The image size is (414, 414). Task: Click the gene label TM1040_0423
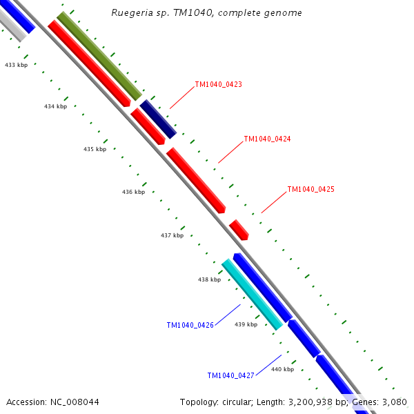pos(218,84)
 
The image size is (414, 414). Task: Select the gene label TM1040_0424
pos(267,139)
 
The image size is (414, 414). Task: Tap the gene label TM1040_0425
pos(310,189)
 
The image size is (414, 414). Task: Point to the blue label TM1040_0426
pos(190,325)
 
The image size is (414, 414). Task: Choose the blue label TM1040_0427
pos(230,375)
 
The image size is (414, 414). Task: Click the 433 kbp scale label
pos(16,65)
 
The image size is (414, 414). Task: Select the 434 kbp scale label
pos(55,106)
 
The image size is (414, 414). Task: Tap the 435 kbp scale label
pos(95,149)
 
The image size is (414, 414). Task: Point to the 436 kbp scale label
pos(133,192)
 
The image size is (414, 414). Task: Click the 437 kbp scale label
pos(172,235)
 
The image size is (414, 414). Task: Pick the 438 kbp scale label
pos(209,279)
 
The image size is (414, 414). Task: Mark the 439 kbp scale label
pos(246,324)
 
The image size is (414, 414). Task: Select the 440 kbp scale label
pos(282,369)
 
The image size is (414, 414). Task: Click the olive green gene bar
pos(99,56)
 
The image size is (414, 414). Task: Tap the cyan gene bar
pos(252,294)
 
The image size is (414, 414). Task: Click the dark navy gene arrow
pos(158,119)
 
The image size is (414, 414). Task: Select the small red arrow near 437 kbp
pos(239,230)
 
